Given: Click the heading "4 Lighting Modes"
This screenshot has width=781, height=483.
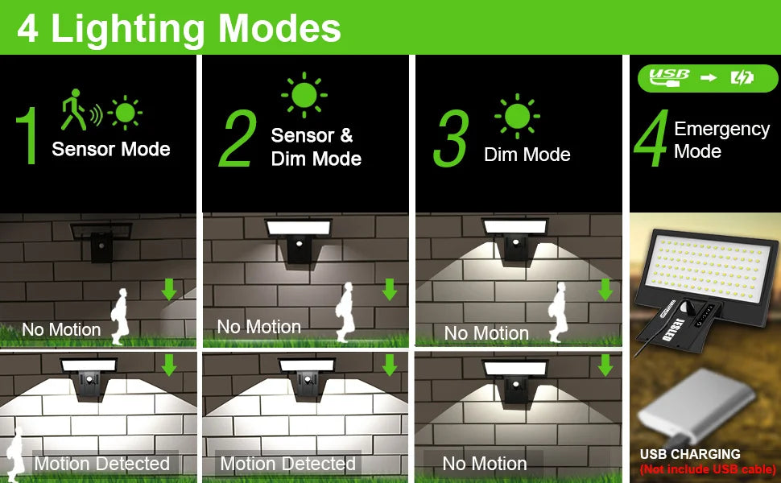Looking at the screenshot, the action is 179,29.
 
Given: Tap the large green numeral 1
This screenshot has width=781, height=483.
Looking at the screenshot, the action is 27,135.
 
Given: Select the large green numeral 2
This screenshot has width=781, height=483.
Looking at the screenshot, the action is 238,138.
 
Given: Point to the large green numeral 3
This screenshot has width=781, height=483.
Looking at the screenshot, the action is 451,138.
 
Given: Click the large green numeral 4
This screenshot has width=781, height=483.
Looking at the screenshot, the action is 651,138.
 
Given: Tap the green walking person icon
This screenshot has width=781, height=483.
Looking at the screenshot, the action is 74,109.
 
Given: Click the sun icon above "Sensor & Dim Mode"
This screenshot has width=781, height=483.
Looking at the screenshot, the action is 304,95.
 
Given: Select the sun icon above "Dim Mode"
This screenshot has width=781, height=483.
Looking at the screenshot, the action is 517,116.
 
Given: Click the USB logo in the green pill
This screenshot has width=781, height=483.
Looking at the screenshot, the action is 669,77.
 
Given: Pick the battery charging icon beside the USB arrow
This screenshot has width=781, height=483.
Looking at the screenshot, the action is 742,77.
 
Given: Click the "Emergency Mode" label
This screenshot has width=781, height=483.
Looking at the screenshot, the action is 721,140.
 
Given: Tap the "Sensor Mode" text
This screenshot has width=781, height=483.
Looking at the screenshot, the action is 111,149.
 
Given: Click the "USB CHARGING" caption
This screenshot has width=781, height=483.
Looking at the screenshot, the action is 690,454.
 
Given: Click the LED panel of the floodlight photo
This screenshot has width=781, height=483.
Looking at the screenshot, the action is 709,267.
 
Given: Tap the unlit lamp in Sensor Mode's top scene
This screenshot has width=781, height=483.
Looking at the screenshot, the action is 101,240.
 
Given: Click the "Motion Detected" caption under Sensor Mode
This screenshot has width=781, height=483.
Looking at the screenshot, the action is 102,464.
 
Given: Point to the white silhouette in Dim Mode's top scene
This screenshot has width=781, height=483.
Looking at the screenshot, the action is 559,312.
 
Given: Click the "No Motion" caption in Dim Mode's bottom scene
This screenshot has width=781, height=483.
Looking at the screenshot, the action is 485,464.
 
